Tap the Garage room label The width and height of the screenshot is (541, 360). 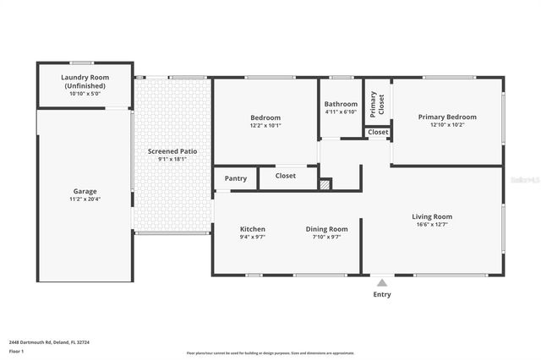click(x=85, y=191)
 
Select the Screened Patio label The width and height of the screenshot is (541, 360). click(x=172, y=151)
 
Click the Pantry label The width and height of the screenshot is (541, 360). click(x=236, y=178)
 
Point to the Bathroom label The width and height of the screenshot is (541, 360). click(x=341, y=104)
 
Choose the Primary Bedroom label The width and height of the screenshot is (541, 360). click(x=447, y=117)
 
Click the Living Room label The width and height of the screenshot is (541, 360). click(x=432, y=216)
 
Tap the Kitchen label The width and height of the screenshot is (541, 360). click(x=253, y=229)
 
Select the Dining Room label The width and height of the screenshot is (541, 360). click(x=326, y=229)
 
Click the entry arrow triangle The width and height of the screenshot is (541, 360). click(x=382, y=283)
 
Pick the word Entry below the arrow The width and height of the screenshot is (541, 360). click(x=382, y=294)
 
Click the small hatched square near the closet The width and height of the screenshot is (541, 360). click(x=325, y=183)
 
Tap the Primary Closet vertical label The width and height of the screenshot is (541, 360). click(x=377, y=103)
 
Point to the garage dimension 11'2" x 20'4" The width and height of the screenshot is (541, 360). click(x=85, y=199)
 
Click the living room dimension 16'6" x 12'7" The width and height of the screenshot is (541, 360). click(x=432, y=225)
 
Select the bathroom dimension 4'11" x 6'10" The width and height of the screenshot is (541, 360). click(x=341, y=112)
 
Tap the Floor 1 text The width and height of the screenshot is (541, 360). click(x=16, y=350)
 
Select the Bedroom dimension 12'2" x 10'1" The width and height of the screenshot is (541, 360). click(x=265, y=125)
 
